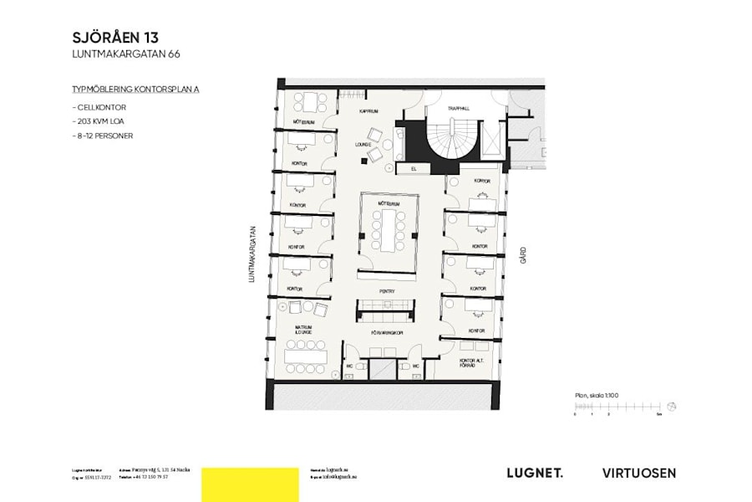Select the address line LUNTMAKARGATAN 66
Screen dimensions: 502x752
click(x=126, y=54)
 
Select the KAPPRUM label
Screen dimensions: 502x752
click(x=369, y=111)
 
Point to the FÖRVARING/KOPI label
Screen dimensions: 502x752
click(x=389, y=332)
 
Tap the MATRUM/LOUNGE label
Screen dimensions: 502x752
click(x=302, y=330)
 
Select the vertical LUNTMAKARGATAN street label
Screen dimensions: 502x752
click(x=251, y=255)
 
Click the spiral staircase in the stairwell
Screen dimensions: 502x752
click(x=453, y=138)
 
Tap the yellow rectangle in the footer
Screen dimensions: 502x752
click(x=250, y=484)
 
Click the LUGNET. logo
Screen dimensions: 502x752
click(x=535, y=473)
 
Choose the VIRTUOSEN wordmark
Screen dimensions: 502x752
click(x=639, y=473)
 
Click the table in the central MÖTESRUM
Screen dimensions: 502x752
click(x=388, y=230)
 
